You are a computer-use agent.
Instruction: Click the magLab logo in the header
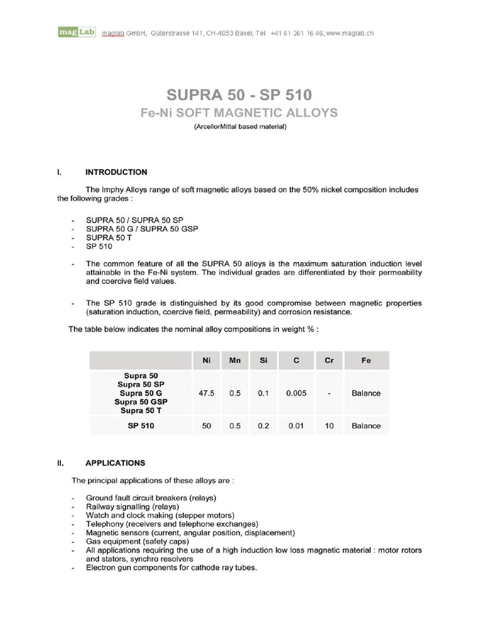77,32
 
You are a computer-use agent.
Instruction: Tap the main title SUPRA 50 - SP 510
239,95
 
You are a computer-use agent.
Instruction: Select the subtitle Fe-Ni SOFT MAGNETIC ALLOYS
239,113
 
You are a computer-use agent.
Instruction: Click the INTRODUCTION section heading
116,172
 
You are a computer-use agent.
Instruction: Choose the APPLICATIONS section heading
115,463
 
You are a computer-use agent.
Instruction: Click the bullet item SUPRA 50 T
109,238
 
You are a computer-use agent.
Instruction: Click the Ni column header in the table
207,360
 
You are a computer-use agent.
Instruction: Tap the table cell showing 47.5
207,393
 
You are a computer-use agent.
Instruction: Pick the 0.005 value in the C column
296,393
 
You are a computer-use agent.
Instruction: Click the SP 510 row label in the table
141,426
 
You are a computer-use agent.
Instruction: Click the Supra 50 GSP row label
141,402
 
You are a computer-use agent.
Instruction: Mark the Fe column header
366,360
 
